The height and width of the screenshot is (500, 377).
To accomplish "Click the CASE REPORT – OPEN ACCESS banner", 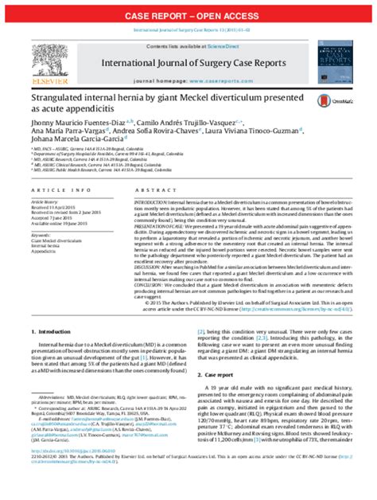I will pyautogui.click(x=188, y=16).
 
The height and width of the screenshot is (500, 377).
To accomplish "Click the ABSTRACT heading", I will pyautogui.click(x=155, y=191).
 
